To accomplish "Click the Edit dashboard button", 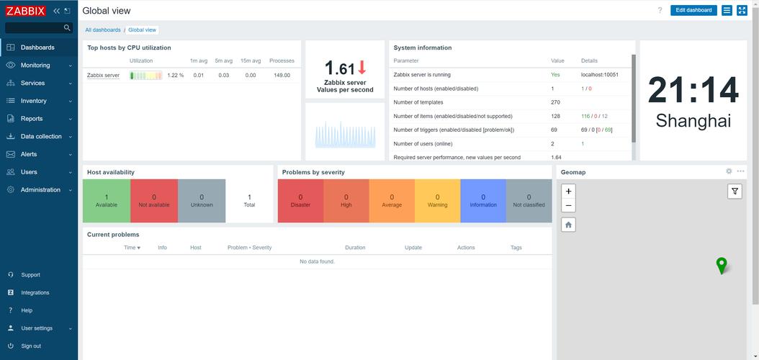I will click(x=693, y=10).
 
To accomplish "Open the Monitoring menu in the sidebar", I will click(x=35, y=65).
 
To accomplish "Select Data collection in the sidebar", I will click(x=41, y=136).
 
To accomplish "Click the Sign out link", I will click(x=31, y=346).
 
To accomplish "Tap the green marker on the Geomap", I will click(x=721, y=265).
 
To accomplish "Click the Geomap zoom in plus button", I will click(x=569, y=192).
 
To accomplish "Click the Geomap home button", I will click(x=569, y=225).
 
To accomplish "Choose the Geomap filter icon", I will click(x=735, y=191).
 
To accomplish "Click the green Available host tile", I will click(x=107, y=201).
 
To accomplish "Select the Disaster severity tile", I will click(x=300, y=201).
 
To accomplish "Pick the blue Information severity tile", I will click(x=483, y=201).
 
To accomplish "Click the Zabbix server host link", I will click(x=103, y=75).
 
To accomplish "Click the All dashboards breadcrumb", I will click(x=103, y=30).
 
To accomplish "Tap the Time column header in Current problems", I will click(x=132, y=248).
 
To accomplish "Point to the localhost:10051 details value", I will click(x=599, y=74).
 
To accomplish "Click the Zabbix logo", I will click(x=25, y=11).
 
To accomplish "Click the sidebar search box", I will click(x=35, y=28).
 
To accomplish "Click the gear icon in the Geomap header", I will click(x=729, y=171).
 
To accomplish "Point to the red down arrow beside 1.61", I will click(x=362, y=68).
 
